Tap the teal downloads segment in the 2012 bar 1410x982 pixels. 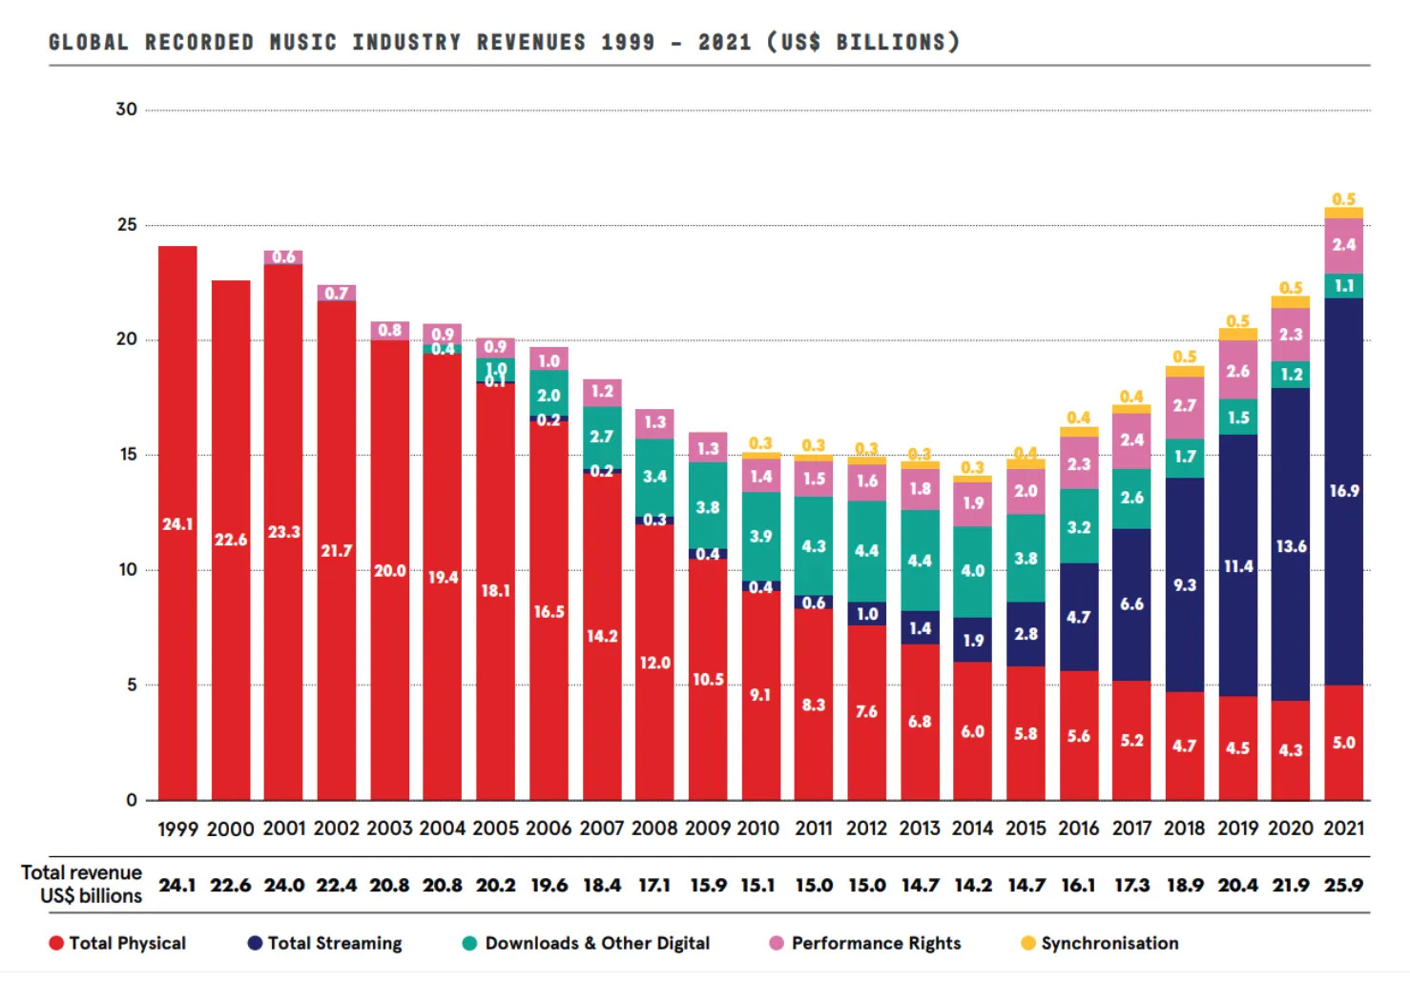tap(866, 550)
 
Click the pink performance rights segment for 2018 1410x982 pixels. tap(1184, 406)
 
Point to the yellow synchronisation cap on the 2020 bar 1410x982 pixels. tap(1290, 302)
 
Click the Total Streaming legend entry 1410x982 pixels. tap(324, 943)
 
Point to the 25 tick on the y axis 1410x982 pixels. tap(127, 225)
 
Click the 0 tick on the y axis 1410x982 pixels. tap(132, 800)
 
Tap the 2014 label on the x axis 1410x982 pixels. tap(972, 829)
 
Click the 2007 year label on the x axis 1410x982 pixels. tap(601, 829)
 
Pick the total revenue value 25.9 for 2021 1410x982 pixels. tap(1343, 885)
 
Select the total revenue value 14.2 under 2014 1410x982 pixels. tap(972, 885)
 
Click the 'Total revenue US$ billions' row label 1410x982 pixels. tap(82, 884)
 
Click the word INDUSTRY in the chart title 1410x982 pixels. tap(406, 42)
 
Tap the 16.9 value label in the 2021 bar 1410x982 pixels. tap(1343, 491)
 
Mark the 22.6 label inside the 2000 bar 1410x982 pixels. tap(230, 540)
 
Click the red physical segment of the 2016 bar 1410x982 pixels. tap(1078, 735)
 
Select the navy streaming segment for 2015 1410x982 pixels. tap(1026, 634)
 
